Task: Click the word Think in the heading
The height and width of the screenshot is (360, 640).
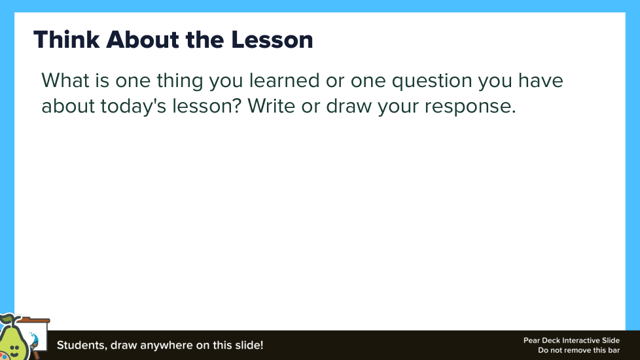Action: pos(67,39)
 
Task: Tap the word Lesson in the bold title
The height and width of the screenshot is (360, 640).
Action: pos(272,39)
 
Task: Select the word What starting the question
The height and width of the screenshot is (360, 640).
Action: pos(65,80)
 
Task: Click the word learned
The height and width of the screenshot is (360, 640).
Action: pos(284,80)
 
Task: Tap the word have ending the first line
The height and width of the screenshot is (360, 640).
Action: pos(541,80)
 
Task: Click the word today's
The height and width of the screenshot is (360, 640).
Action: pos(133,106)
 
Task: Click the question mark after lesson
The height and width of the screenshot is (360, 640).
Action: pos(238,106)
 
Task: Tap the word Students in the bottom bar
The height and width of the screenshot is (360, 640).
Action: pos(82,346)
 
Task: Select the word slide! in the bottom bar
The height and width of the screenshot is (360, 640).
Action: pos(249,346)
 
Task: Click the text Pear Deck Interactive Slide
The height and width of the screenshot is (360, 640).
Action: pos(571,340)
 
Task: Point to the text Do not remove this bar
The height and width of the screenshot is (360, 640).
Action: pos(578,350)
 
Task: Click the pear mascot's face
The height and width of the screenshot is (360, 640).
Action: pos(14,349)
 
